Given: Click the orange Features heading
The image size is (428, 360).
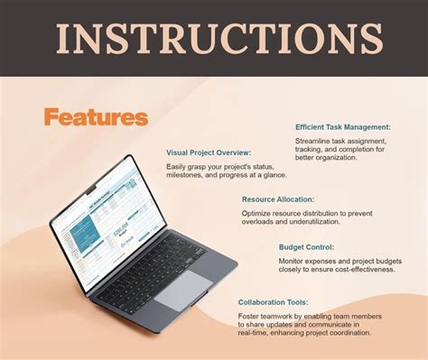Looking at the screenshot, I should click(x=95, y=116).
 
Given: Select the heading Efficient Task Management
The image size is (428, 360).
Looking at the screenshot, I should click(x=342, y=127).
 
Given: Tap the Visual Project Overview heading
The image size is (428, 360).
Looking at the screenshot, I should click(x=208, y=152).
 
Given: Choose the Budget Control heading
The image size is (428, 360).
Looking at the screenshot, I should click(x=307, y=246).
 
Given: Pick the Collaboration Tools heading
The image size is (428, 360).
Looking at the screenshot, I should click(x=285, y=301).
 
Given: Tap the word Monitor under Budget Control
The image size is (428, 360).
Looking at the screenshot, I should click(x=294, y=261).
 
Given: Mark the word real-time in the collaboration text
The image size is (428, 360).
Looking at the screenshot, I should click(x=256, y=333).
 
